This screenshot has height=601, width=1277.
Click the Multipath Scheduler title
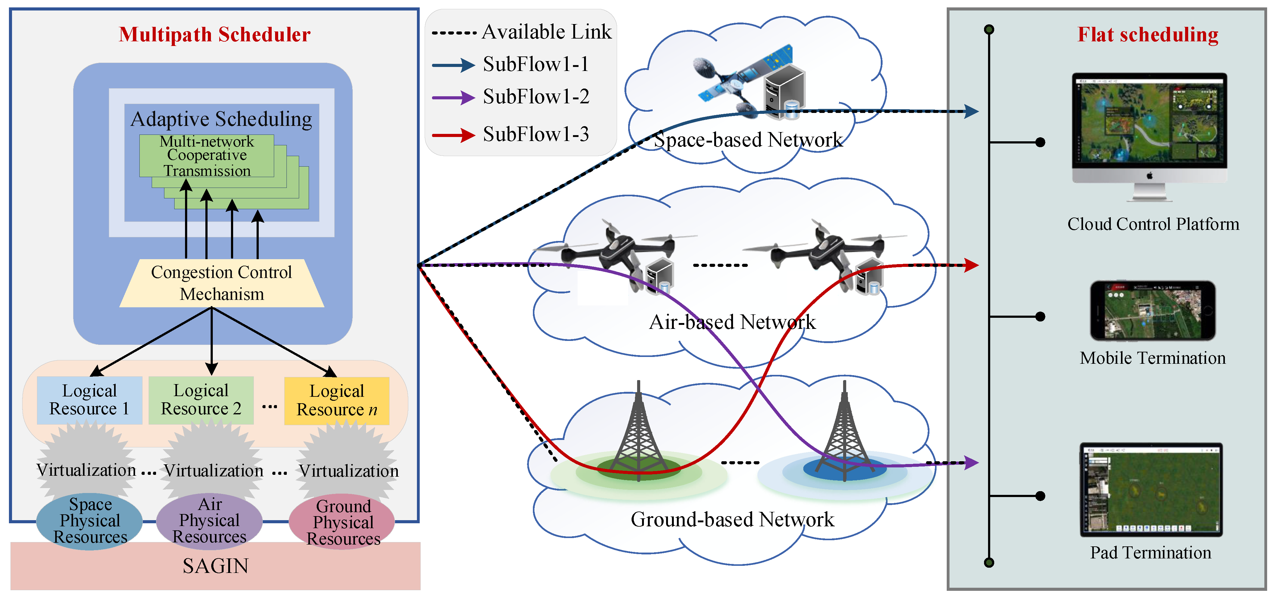click(215, 35)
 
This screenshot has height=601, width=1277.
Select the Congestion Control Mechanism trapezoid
click(222, 283)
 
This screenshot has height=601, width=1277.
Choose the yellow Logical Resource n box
click(337, 401)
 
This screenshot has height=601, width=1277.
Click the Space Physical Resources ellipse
click(90, 521)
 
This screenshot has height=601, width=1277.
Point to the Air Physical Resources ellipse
click(209, 521)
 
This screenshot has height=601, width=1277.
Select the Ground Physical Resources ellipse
click(342, 522)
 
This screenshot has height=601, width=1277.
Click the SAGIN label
click(216, 566)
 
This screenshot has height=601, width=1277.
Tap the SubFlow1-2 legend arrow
click(454, 97)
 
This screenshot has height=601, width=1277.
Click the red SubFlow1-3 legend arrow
click(454, 135)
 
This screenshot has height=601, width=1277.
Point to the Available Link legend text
click(547, 32)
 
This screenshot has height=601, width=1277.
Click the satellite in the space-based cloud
click(744, 79)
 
